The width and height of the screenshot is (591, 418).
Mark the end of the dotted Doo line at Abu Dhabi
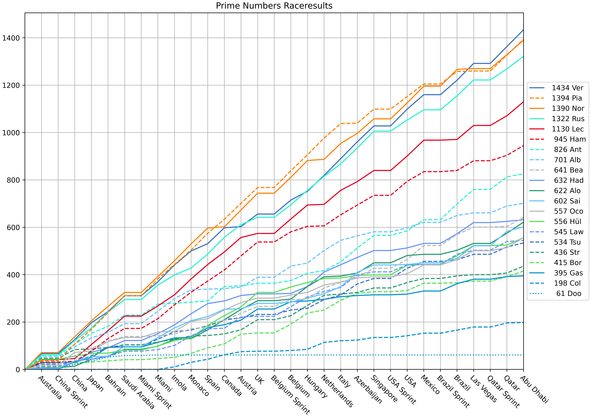tap(523, 355)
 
